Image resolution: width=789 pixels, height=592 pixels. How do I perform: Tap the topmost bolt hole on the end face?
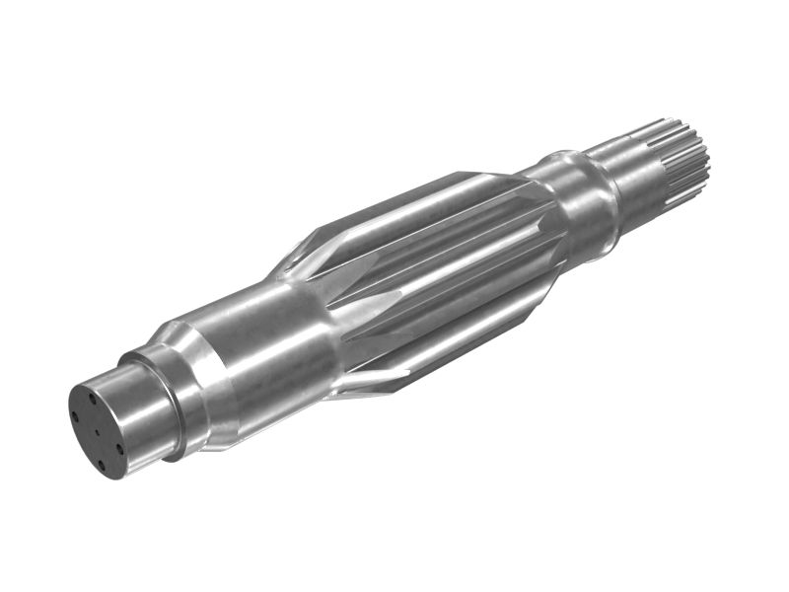coord(92,399)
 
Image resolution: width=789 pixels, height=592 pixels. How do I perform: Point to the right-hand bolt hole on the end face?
coord(119,447)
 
